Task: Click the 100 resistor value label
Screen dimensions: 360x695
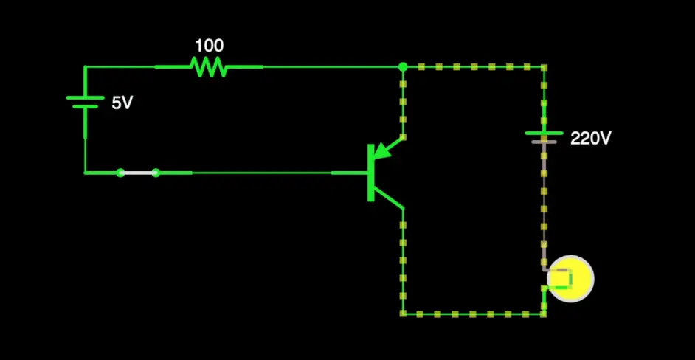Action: [x=209, y=46]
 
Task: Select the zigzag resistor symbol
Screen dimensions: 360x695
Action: [x=209, y=67]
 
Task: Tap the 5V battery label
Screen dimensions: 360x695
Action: [x=122, y=103]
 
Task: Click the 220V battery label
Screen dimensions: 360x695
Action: [x=591, y=138]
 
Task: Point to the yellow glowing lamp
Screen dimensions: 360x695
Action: [x=573, y=278]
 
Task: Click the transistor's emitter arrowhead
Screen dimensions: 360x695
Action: [x=381, y=151]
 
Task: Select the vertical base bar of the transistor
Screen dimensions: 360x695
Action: [x=370, y=173]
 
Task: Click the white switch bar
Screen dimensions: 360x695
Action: [x=138, y=173]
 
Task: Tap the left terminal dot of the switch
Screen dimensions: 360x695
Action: [x=120, y=173]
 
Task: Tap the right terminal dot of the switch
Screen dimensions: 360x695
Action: [x=156, y=173]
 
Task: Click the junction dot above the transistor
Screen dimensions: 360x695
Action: [x=403, y=67]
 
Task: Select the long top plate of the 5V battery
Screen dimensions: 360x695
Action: [x=85, y=97]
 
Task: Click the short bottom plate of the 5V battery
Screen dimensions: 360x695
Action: [x=85, y=107]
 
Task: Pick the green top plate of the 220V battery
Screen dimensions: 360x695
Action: [x=544, y=133]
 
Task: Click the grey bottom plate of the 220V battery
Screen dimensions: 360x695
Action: [x=544, y=141]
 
